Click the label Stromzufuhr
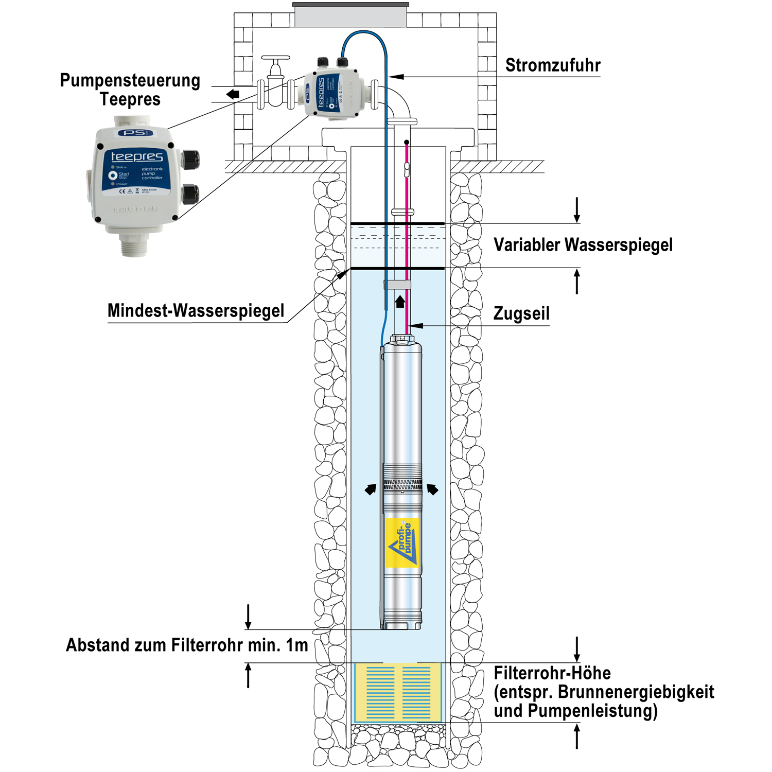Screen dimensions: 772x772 click(552, 65)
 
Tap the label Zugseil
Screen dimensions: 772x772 click(521, 313)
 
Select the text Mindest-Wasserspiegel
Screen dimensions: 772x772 click(196, 311)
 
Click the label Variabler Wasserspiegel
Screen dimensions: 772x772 click(583, 245)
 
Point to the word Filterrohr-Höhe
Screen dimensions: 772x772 click(552, 673)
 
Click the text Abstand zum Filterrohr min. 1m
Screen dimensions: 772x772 click(187, 645)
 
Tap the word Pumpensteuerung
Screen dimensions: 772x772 click(130, 81)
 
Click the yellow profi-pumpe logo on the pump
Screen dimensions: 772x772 click(402, 543)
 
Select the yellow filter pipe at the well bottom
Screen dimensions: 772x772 click(398, 692)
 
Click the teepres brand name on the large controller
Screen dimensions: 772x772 click(137, 156)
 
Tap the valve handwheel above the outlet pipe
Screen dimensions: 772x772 click(276, 58)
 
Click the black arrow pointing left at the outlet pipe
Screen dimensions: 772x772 click(233, 94)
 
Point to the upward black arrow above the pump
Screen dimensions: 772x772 click(400, 302)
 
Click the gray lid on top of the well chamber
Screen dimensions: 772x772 click(350, 15)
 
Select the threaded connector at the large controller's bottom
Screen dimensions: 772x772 click(134, 243)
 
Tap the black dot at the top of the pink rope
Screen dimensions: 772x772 click(407, 142)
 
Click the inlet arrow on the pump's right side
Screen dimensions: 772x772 click(432, 489)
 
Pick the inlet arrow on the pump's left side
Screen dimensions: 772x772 click(370, 489)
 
